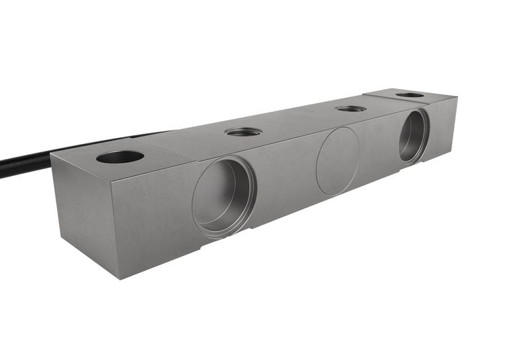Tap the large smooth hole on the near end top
click(x=120, y=157)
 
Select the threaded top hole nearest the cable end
click(x=243, y=131)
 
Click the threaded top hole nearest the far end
click(x=351, y=108)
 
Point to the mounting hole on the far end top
click(x=410, y=94)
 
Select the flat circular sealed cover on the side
click(x=338, y=162)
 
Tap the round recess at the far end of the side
click(x=413, y=136)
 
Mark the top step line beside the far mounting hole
click(x=380, y=98)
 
